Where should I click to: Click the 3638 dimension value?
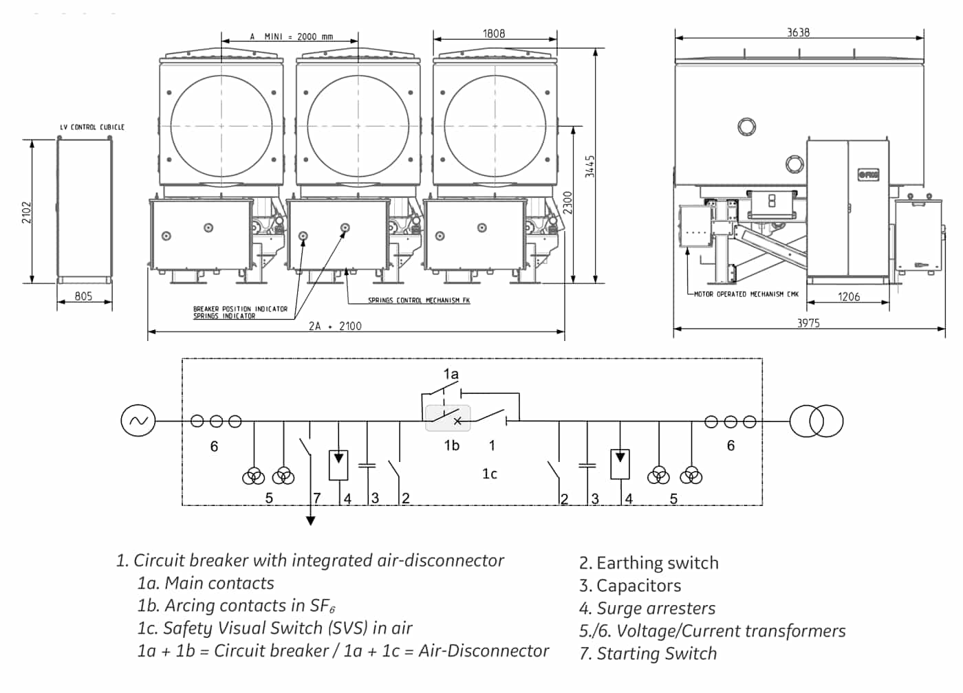(799, 32)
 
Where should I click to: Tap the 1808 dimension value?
(494, 34)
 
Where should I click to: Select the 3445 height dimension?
(590, 166)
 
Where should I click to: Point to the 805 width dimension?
(83, 296)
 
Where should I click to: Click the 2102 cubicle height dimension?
(27, 212)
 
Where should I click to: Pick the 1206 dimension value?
(849, 297)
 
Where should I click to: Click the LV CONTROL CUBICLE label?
(92, 127)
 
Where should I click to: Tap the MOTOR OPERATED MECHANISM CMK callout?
(746, 294)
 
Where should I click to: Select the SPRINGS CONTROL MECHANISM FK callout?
(419, 300)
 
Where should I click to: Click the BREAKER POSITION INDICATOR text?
(240, 309)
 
